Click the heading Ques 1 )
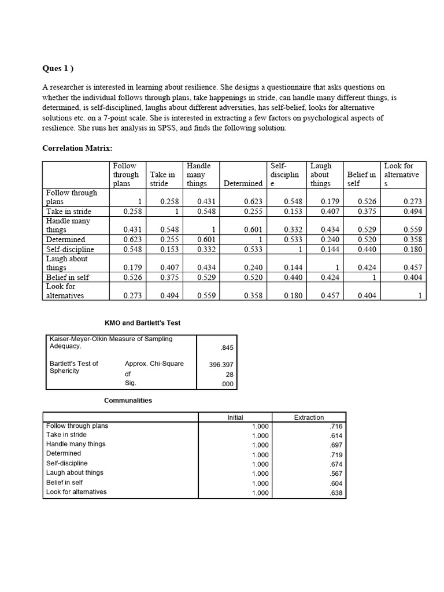[58, 68]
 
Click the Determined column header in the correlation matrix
[242, 183]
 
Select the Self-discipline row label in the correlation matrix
[70, 249]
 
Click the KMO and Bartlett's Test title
[142, 322]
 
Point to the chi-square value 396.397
[221, 364]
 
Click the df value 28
[230, 374]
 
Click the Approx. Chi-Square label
[154, 364]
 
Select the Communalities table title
[128, 400]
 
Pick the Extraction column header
[309, 417]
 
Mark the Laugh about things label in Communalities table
[75, 472]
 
